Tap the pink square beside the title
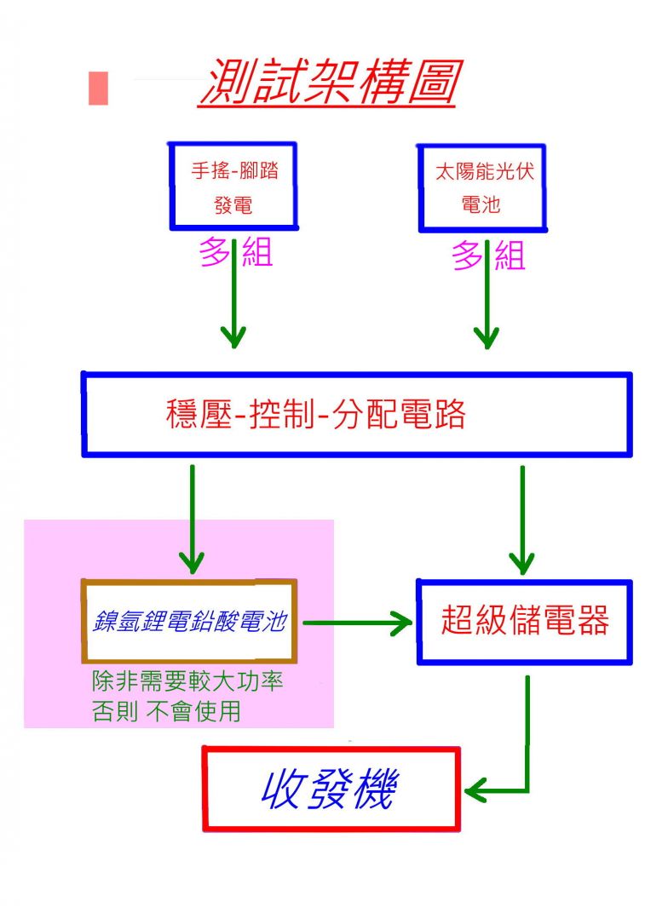[x=98, y=88]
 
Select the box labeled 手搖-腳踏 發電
[x=233, y=186]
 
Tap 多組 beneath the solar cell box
[x=488, y=254]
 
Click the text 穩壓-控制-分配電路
[x=316, y=415]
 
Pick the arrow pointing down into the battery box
[x=193, y=520]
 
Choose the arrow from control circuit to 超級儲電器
[x=521, y=520]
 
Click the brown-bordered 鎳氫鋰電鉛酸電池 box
[x=189, y=621]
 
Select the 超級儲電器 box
[x=524, y=622]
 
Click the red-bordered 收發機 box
[x=331, y=789]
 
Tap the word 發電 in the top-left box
[x=233, y=205]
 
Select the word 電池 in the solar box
[x=481, y=205]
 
